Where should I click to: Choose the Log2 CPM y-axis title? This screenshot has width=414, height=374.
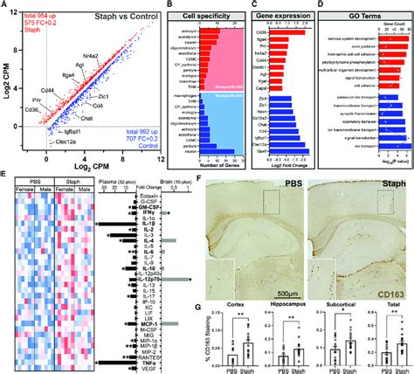coord(5,84)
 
